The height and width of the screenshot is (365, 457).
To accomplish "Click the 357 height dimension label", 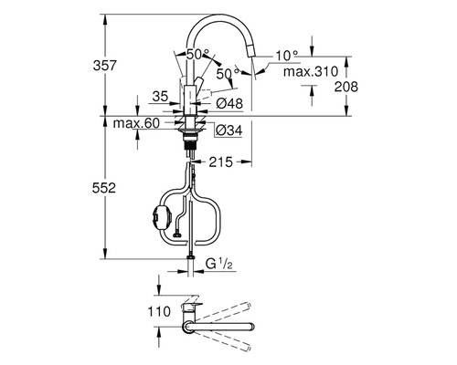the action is coord(105,66).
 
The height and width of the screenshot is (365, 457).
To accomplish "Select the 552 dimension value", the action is coord(104,188).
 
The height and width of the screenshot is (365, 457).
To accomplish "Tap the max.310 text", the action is coord(311,72).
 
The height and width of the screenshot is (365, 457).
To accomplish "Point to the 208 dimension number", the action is coord(346,87).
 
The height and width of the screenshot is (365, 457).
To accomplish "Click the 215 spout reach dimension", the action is coord(220,162).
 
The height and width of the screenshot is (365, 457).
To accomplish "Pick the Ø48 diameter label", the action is coord(229,104).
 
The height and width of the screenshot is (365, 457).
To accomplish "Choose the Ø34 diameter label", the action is coord(229,130).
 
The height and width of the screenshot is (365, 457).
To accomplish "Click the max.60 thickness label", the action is coord(136,123).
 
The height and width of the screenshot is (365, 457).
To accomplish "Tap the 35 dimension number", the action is coord(160,97).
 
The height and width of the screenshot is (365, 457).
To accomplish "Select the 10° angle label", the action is coord(287,56).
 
